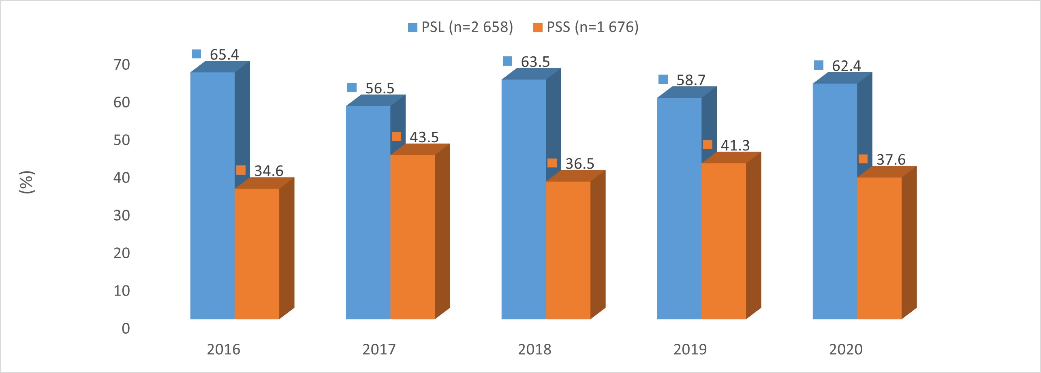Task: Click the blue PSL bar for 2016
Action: coord(212,195)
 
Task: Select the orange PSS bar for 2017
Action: coord(413,237)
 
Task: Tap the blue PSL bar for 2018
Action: coord(524,199)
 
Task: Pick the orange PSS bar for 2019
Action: coord(724,241)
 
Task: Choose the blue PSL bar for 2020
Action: coord(835,201)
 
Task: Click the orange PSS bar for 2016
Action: coord(257,254)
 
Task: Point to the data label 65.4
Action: coord(224,54)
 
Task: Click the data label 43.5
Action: coord(424,137)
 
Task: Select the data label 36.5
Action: coord(579,163)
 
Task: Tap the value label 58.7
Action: coord(691,80)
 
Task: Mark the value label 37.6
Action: coord(891,159)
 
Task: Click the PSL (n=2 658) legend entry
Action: coord(461,27)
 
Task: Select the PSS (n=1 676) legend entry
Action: coord(586,27)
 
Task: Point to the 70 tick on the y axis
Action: coord(122,64)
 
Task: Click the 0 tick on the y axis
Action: coord(126,328)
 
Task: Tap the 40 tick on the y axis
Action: coord(122,178)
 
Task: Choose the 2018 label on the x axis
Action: coord(534,349)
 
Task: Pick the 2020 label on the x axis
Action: coord(846,349)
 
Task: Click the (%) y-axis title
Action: coord(27,182)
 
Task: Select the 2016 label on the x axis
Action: coord(223,349)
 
